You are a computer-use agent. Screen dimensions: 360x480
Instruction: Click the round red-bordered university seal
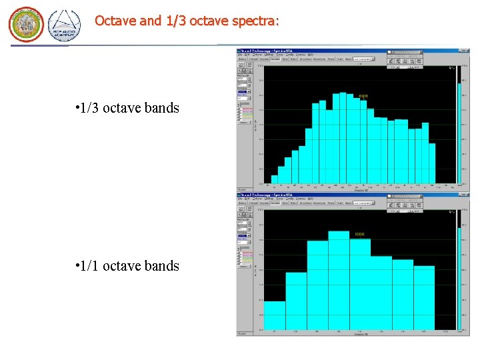[x=26, y=25]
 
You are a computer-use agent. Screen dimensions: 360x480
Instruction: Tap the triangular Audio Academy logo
[x=64, y=25]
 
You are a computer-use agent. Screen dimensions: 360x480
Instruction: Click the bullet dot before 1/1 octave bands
[x=78, y=266]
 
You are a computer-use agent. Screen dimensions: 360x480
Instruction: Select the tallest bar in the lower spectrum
[x=339, y=280]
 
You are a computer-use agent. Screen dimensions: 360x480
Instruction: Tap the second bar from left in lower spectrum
[x=296, y=301]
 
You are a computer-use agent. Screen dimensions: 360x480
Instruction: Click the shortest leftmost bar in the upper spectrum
[x=275, y=179]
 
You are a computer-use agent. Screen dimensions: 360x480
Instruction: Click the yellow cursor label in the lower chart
[x=360, y=235]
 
